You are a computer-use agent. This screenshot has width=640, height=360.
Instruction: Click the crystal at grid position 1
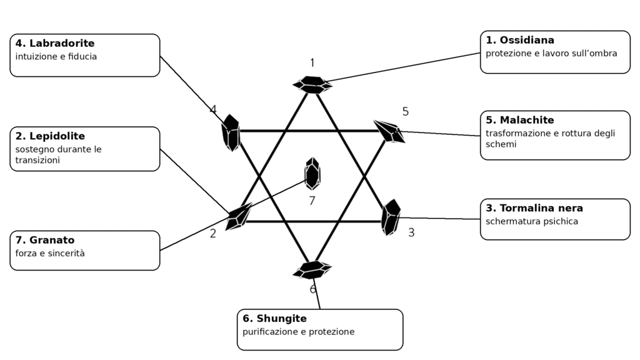coord(312,85)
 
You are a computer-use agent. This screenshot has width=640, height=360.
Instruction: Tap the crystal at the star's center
coord(312,174)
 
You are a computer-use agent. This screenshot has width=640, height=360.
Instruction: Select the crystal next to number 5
coord(389,131)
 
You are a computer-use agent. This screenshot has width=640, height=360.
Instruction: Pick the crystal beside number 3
coord(391,217)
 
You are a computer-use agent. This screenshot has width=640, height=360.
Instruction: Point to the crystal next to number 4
coord(231,132)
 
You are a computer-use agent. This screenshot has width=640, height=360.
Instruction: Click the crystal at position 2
coord(238,216)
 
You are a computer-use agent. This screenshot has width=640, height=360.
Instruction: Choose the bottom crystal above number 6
coord(312,270)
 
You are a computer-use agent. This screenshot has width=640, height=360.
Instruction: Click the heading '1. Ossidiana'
coord(520,40)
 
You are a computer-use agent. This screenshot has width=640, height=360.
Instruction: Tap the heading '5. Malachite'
coord(520,120)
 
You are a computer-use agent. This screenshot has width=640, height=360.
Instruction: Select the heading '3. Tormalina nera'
coord(534,208)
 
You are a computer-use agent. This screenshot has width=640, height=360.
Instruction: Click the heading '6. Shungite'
coord(275,318)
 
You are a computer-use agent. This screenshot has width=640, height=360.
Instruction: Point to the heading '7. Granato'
coord(45,240)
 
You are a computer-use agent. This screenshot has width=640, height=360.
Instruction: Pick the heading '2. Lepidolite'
coord(50,136)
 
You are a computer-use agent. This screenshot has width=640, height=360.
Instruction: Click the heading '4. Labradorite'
coord(55,43)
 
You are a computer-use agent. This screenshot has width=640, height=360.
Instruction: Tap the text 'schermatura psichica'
coord(532,222)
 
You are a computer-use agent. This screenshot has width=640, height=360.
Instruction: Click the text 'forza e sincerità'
coord(50,254)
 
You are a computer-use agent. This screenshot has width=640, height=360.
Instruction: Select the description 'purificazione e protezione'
coord(298,332)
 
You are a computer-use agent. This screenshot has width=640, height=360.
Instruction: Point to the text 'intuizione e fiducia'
coord(56,56)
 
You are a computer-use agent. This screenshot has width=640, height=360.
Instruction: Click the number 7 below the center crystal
coord(312,201)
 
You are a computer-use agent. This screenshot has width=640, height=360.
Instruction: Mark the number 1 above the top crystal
coord(312,63)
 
